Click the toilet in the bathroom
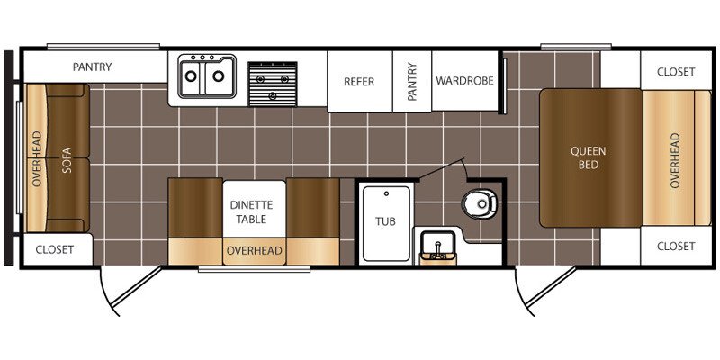(x=480, y=202)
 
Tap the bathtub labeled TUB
(x=386, y=223)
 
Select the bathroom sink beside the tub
(x=438, y=246)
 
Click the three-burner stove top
(x=273, y=84)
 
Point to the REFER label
(x=359, y=82)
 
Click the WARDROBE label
(x=464, y=81)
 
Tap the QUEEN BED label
(x=589, y=157)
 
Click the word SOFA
(x=67, y=160)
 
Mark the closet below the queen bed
(x=676, y=246)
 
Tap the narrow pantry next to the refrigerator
(x=412, y=81)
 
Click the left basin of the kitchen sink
(x=190, y=76)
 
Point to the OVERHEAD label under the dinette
(x=254, y=251)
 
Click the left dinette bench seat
(x=195, y=208)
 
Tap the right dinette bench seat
(x=312, y=208)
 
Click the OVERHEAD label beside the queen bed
(x=674, y=160)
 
